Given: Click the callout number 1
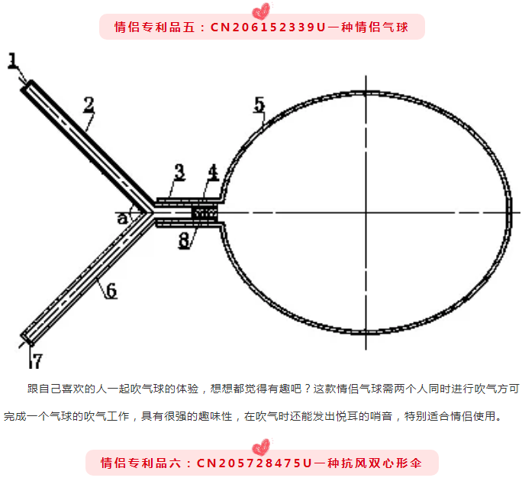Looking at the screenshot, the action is (13, 61).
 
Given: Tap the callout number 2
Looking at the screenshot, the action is (89, 105).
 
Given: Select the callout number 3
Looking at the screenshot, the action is (180, 173).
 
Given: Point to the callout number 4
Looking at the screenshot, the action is (213, 173).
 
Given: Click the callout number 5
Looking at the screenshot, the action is (259, 105).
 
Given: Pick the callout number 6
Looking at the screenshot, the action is (111, 290).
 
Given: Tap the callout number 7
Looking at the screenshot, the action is (37, 360).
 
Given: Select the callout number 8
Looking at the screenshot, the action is (184, 240).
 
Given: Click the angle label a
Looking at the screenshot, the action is (123, 218).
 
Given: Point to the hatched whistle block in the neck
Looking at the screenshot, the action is (205, 213).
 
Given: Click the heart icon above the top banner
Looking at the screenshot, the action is (261, 11).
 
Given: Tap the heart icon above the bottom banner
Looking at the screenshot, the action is (261, 447).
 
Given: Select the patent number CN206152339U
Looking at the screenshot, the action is (268, 27).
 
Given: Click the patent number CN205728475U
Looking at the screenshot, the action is (254, 463).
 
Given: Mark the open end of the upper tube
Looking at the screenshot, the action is (26, 86).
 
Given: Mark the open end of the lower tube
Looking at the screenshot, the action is (27, 339).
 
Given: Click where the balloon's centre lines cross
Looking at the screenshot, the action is (366, 212).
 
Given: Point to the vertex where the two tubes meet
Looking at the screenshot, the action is (153, 212).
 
